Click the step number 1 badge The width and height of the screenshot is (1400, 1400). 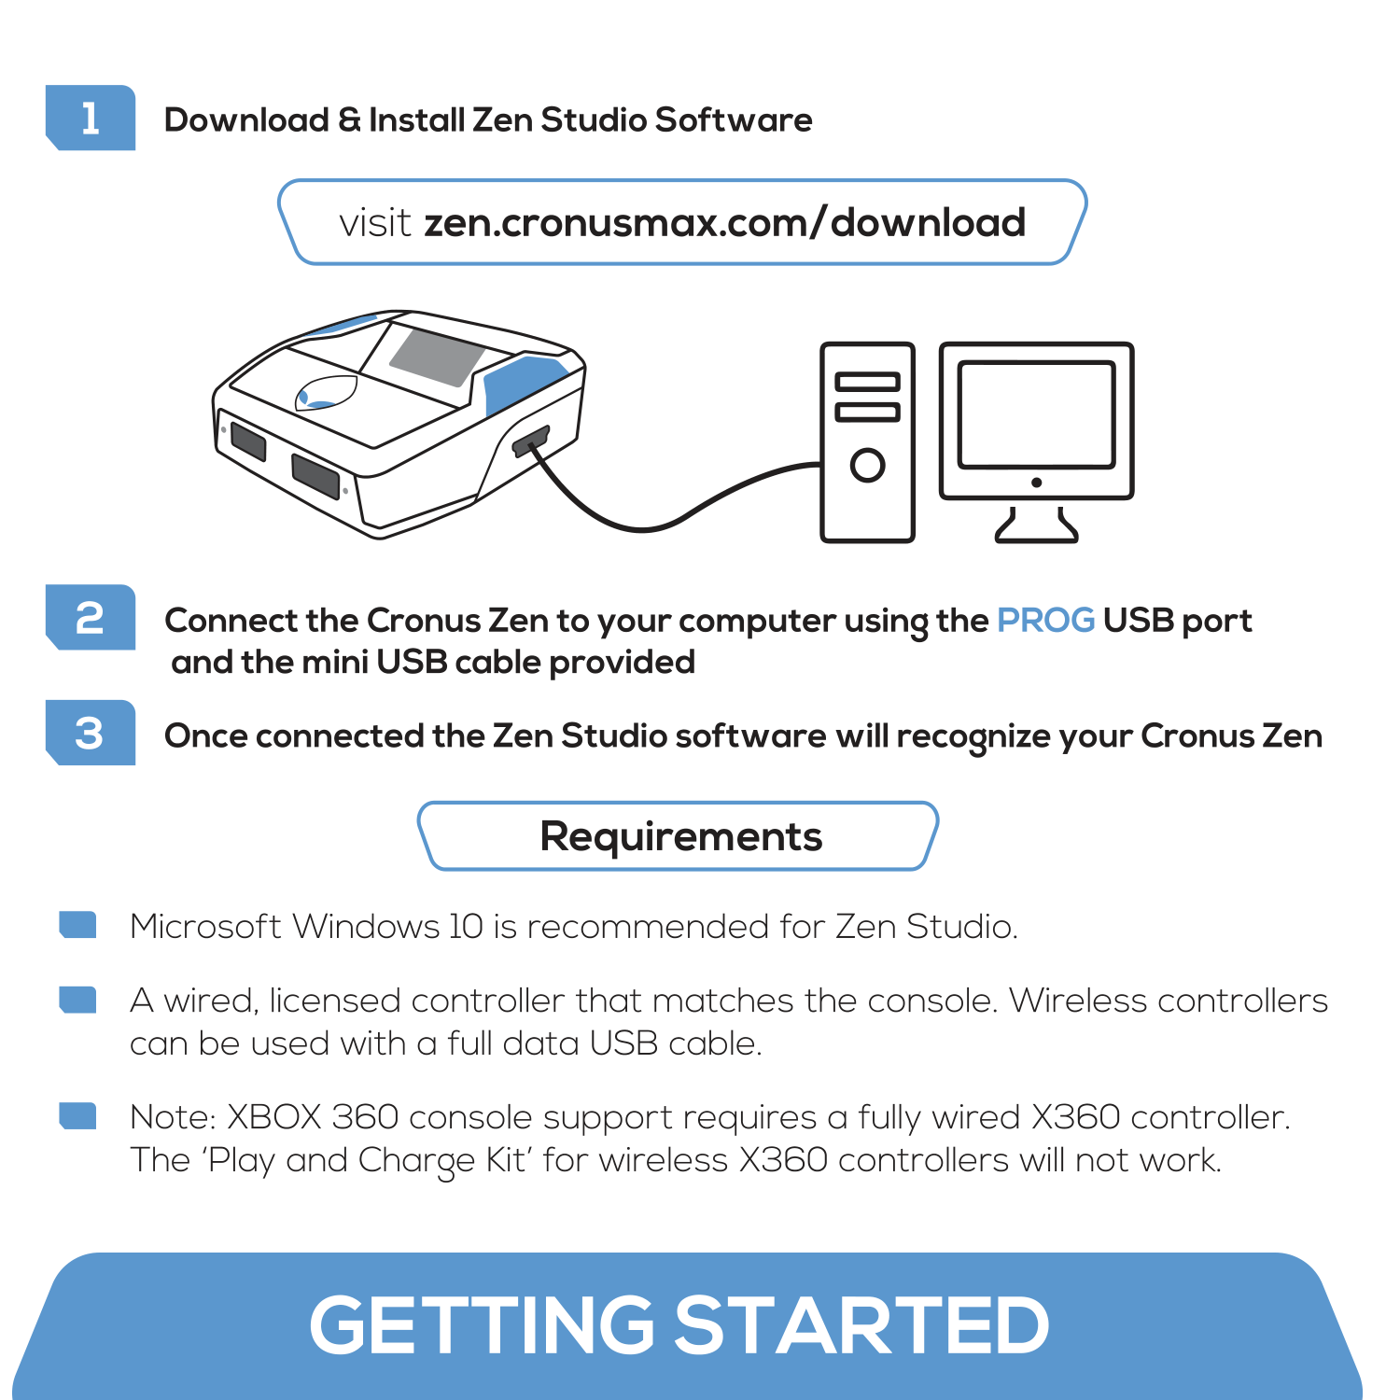tap(91, 119)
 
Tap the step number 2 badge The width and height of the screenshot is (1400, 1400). tap(91, 618)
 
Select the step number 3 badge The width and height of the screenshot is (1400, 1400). tap(91, 734)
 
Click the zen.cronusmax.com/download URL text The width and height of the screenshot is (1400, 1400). tap(724, 223)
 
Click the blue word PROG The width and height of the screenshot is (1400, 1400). tap(1045, 621)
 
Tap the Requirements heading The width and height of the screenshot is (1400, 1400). tap(680, 836)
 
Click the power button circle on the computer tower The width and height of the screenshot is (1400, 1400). tap(867, 465)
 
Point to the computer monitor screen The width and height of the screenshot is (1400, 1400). tap(1036, 413)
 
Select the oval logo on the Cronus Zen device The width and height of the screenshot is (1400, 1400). tap(326, 393)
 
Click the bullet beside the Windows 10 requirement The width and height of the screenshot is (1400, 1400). tap(77, 924)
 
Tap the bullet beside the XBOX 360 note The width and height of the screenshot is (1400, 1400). tap(77, 1115)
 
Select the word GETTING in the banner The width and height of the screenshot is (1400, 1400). tap(482, 1325)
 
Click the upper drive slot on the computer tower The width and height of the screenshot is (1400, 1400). tap(867, 382)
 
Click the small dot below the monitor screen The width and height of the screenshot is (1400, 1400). tap(1036, 483)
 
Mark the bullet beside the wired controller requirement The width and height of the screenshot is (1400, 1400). tap(77, 1000)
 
